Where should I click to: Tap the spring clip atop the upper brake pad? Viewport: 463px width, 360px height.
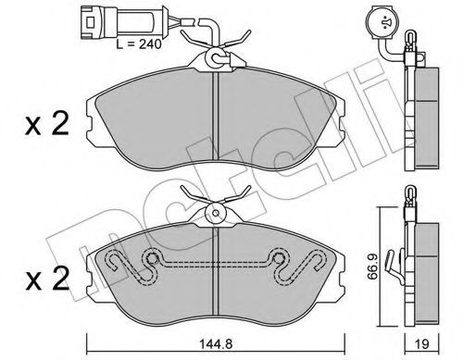[215, 51]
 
